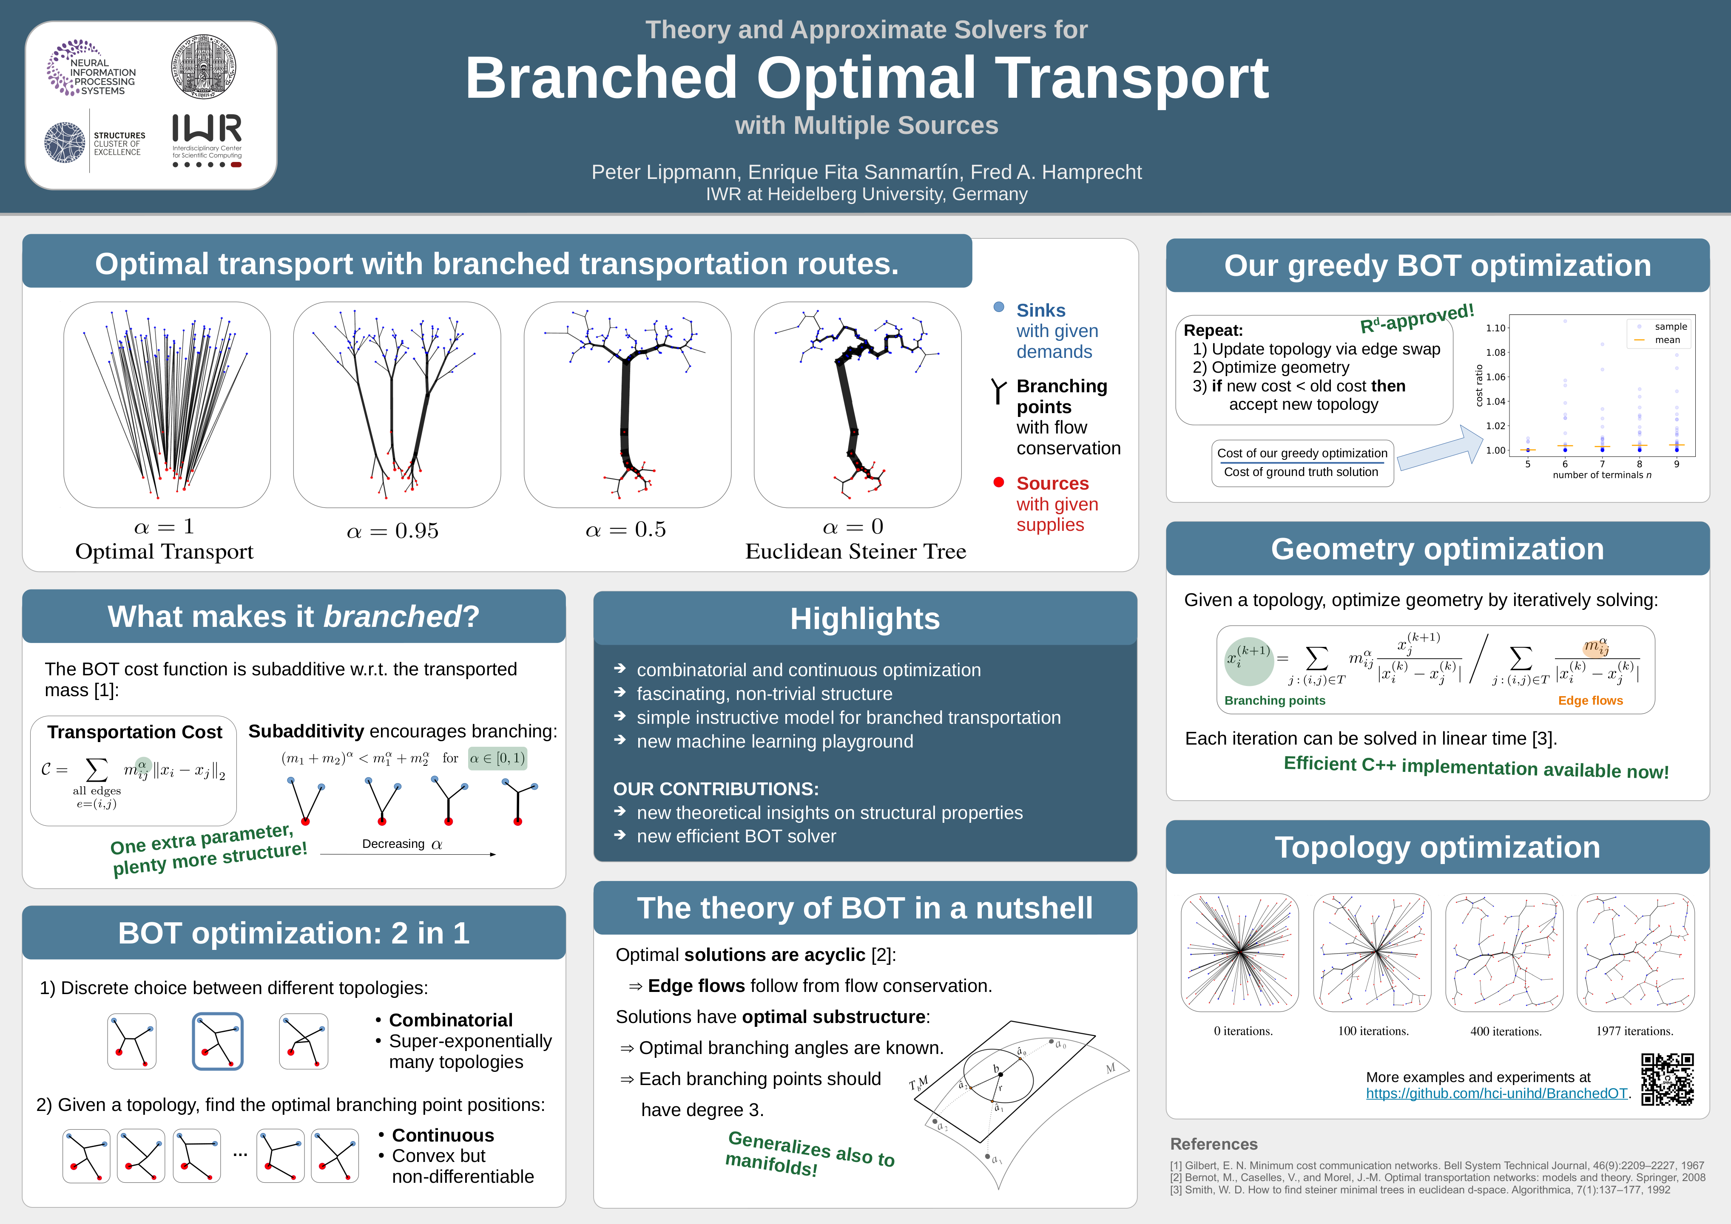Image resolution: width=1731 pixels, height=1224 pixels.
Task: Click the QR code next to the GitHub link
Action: point(1668,1079)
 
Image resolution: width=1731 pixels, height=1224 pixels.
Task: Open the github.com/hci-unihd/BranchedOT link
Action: point(1497,1094)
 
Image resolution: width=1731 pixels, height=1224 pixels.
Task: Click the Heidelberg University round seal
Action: point(204,66)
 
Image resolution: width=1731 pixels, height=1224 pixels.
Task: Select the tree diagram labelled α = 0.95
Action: point(397,405)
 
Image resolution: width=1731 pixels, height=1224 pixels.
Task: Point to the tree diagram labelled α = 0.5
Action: point(627,405)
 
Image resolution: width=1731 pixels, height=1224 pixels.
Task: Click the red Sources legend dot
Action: point(999,482)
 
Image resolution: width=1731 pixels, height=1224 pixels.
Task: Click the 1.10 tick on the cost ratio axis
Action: point(1495,328)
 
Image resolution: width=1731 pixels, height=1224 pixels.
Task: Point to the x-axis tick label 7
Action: point(1602,464)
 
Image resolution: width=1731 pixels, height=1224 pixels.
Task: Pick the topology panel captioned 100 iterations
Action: point(1372,953)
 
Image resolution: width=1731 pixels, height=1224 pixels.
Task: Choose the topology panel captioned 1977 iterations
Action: point(1635,953)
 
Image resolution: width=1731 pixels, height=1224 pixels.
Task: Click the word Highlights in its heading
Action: point(865,619)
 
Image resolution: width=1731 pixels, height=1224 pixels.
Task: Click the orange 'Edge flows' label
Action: point(1590,700)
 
